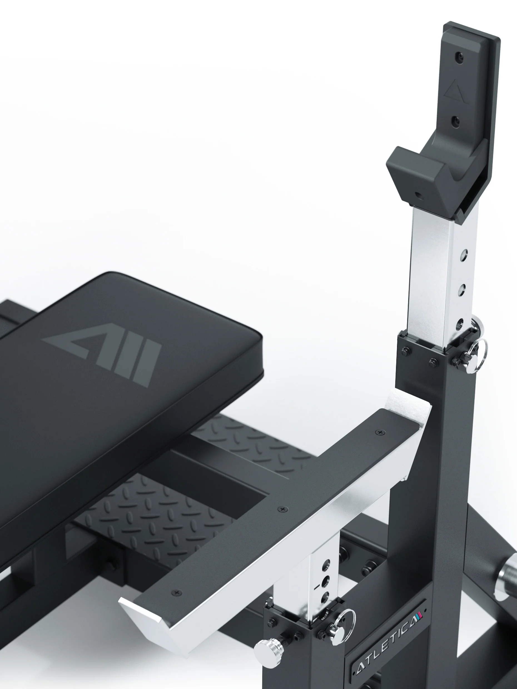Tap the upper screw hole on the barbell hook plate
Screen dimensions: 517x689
(459, 57)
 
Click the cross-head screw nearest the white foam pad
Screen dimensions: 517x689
(380, 432)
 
